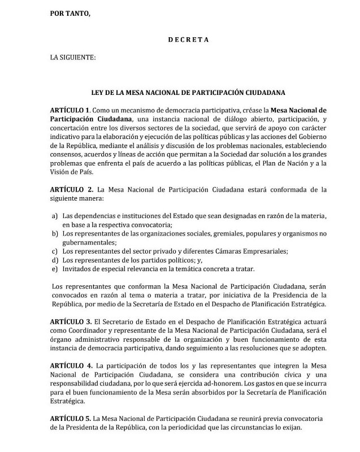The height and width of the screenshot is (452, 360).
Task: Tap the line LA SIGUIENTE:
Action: (x=73, y=57)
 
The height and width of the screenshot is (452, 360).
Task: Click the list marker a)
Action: (x=55, y=216)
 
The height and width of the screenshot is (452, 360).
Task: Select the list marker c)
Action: (x=55, y=251)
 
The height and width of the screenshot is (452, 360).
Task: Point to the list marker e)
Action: (x=55, y=268)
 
